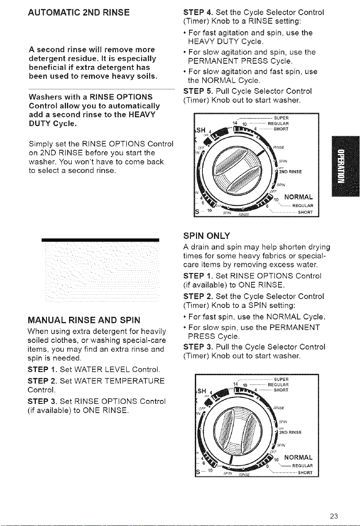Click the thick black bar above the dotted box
click(101, 239)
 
